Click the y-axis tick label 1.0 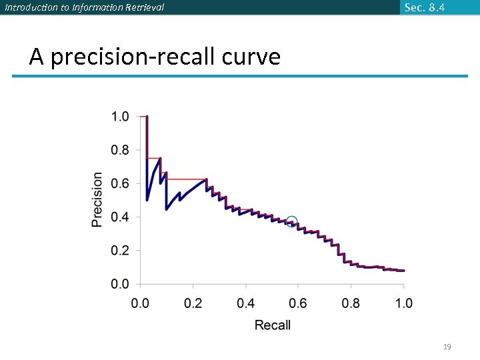coord(120,117)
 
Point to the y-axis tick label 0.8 coord(120,150)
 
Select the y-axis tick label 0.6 coord(120,183)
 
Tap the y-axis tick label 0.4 coord(120,217)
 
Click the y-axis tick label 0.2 coord(120,251)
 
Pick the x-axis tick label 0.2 coord(193,303)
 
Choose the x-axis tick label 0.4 coord(245,303)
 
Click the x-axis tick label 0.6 coord(298,303)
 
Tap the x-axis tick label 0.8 coord(351,303)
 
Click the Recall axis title coord(273,325)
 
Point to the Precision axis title coord(97,199)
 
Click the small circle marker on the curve coord(291,221)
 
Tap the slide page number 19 coord(447,347)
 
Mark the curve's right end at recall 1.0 coord(403,271)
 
